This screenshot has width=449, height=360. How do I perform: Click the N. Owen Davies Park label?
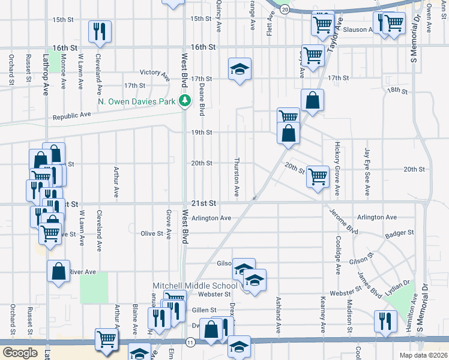click(137, 101)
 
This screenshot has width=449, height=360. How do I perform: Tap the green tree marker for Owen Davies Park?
click(185, 101)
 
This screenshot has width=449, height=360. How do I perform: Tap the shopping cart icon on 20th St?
click(317, 176)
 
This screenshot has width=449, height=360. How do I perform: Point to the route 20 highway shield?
click(285, 10)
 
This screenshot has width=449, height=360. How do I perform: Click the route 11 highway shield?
click(191, 342)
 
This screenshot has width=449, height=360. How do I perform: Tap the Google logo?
click(20, 353)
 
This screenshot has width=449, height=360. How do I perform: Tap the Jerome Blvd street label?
click(344, 221)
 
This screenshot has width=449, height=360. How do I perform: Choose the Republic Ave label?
click(71, 116)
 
